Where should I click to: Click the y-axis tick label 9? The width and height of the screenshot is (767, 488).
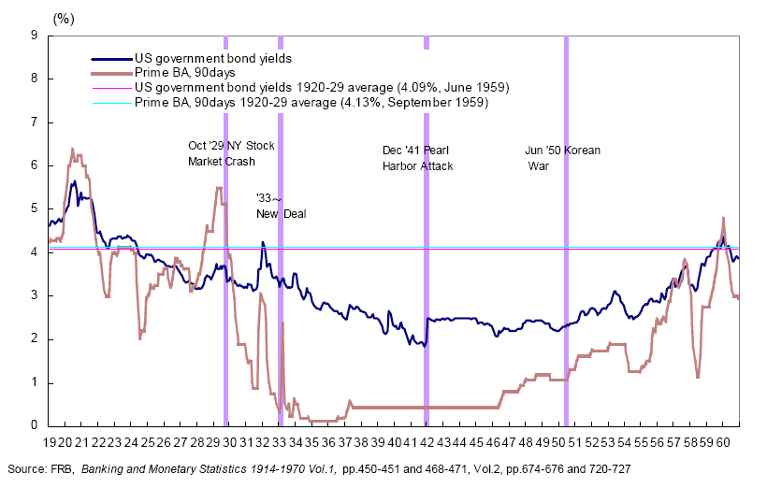[x=34, y=36]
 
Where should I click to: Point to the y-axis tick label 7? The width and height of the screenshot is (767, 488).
[x=34, y=122]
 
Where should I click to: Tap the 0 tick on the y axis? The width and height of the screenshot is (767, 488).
[x=34, y=426]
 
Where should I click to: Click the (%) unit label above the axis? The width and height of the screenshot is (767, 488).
[x=65, y=18]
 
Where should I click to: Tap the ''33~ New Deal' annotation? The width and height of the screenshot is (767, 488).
[x=281, y=207]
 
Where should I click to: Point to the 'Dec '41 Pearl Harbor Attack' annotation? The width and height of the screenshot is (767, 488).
[x=417, y=158]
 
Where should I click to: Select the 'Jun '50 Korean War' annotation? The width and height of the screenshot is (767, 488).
[x=561, y=157]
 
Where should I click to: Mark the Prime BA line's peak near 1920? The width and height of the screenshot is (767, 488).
[x=73, y=149]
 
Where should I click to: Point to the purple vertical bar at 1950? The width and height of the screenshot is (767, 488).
[x=566, y=234]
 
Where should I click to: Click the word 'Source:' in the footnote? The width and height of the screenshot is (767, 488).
[x=26, y=466]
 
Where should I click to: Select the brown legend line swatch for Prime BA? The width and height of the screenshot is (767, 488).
[x=110, y=73]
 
